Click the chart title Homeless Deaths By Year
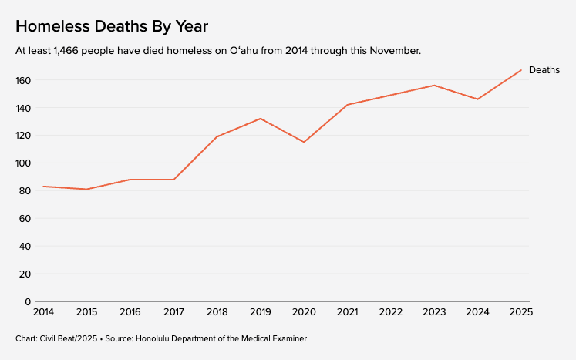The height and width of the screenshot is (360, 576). pos(112,26)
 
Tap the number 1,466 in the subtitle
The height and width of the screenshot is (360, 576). pos(66,51)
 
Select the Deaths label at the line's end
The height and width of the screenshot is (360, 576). pos(544,70)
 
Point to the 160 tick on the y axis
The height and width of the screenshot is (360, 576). pos(23,80)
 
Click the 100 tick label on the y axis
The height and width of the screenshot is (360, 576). pos(23,163)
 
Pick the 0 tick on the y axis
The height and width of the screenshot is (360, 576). pos(28,301)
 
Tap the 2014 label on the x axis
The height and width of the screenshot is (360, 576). pos(43,312)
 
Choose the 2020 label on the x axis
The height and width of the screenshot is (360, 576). pos(304,312)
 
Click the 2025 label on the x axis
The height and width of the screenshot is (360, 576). pos(521,312)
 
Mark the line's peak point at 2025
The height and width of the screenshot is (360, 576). pos(521,70)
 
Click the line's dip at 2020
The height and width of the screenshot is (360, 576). pos(304,142)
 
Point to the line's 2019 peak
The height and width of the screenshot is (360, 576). pos(261,119)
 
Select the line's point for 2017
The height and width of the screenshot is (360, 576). pos(173,180)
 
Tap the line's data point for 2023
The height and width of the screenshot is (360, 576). pos(434,86)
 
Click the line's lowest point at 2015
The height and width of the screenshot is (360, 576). pos(86,189)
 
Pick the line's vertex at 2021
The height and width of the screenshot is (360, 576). pos(347,105)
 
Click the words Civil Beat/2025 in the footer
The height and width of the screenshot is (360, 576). pos(69,338)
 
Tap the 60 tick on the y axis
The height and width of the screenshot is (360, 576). pos(25,219)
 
